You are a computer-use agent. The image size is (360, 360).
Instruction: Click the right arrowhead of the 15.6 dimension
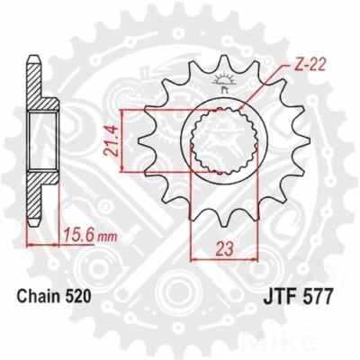click(60, 245)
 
